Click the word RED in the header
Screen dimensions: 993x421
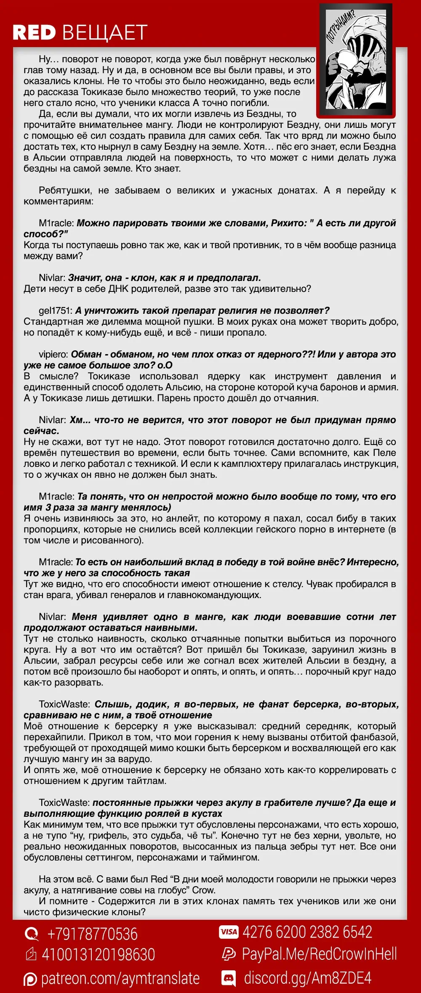click(34, 33)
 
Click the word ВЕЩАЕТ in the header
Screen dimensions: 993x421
click(105, 33)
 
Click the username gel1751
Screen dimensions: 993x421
click(56, 310)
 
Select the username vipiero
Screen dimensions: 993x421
click(53, 354)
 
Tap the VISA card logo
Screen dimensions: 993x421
click(229, 932)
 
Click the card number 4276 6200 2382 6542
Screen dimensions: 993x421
click(307, 932)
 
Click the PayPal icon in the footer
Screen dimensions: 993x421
click(229, 955)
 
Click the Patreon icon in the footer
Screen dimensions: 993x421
click(30, 979)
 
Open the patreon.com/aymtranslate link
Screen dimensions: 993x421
click(120, 979)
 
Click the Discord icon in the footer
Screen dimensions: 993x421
click(229, 978)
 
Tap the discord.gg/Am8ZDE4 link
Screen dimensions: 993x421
click(308, 978)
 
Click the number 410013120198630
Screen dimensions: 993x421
click(99, 955)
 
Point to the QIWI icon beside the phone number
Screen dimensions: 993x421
click(31, 934)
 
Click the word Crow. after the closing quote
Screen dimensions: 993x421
click(204, 890)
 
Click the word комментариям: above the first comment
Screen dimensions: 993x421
click(59, 201)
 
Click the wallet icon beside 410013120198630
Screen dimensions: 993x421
click(31, 955)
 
